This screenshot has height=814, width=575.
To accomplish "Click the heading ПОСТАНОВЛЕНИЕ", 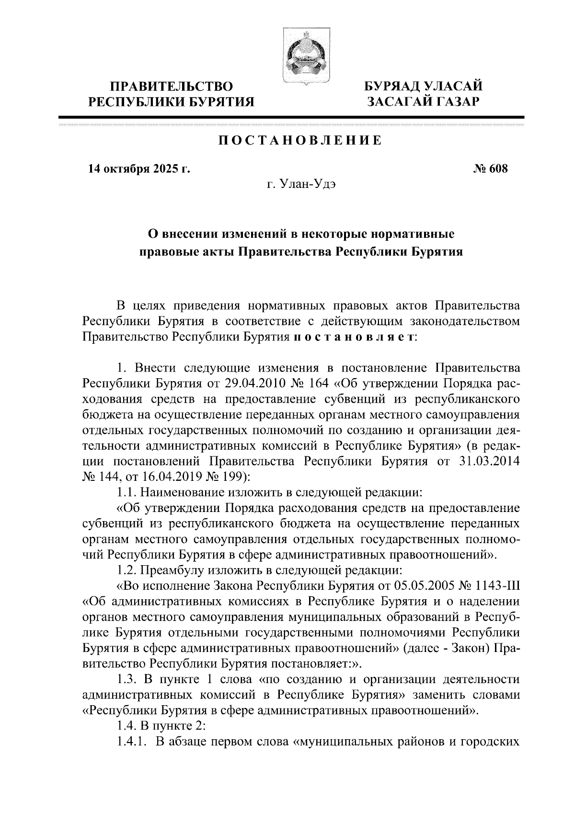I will click(300, 140).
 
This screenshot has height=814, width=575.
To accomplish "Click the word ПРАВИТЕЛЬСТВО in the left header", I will click(172, 87).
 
